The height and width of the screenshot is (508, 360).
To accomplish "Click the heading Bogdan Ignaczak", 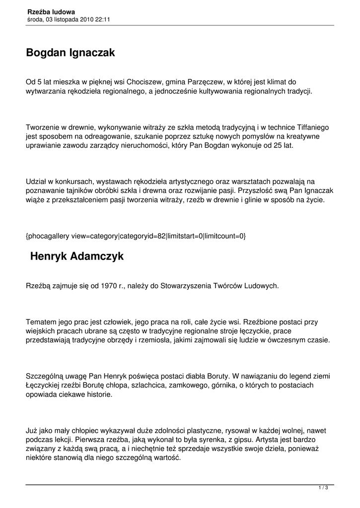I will coord(71,53).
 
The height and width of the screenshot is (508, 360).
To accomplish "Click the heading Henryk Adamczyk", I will coord(77,256).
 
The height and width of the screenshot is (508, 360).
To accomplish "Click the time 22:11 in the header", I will coord(101,19).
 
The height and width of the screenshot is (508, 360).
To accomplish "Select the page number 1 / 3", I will coord(323,488).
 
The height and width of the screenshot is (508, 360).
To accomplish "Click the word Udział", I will coord(37,182).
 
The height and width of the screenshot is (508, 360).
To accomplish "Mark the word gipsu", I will coord(238,440).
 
